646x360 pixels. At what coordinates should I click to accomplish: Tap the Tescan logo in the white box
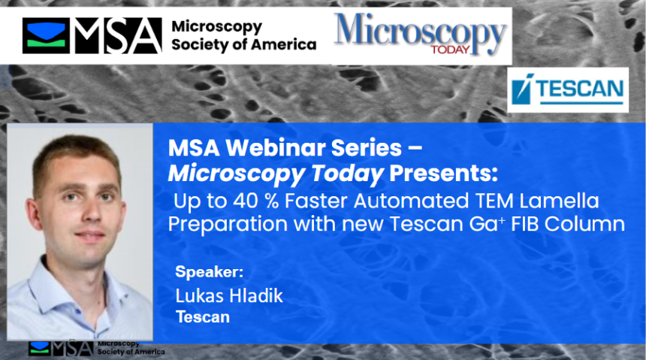pos(567,91)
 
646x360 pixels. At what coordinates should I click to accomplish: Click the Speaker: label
pos(210,271)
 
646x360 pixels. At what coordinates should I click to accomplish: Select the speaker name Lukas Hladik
pos(229,295)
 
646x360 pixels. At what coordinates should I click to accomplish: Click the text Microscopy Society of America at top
pos(243,35)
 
